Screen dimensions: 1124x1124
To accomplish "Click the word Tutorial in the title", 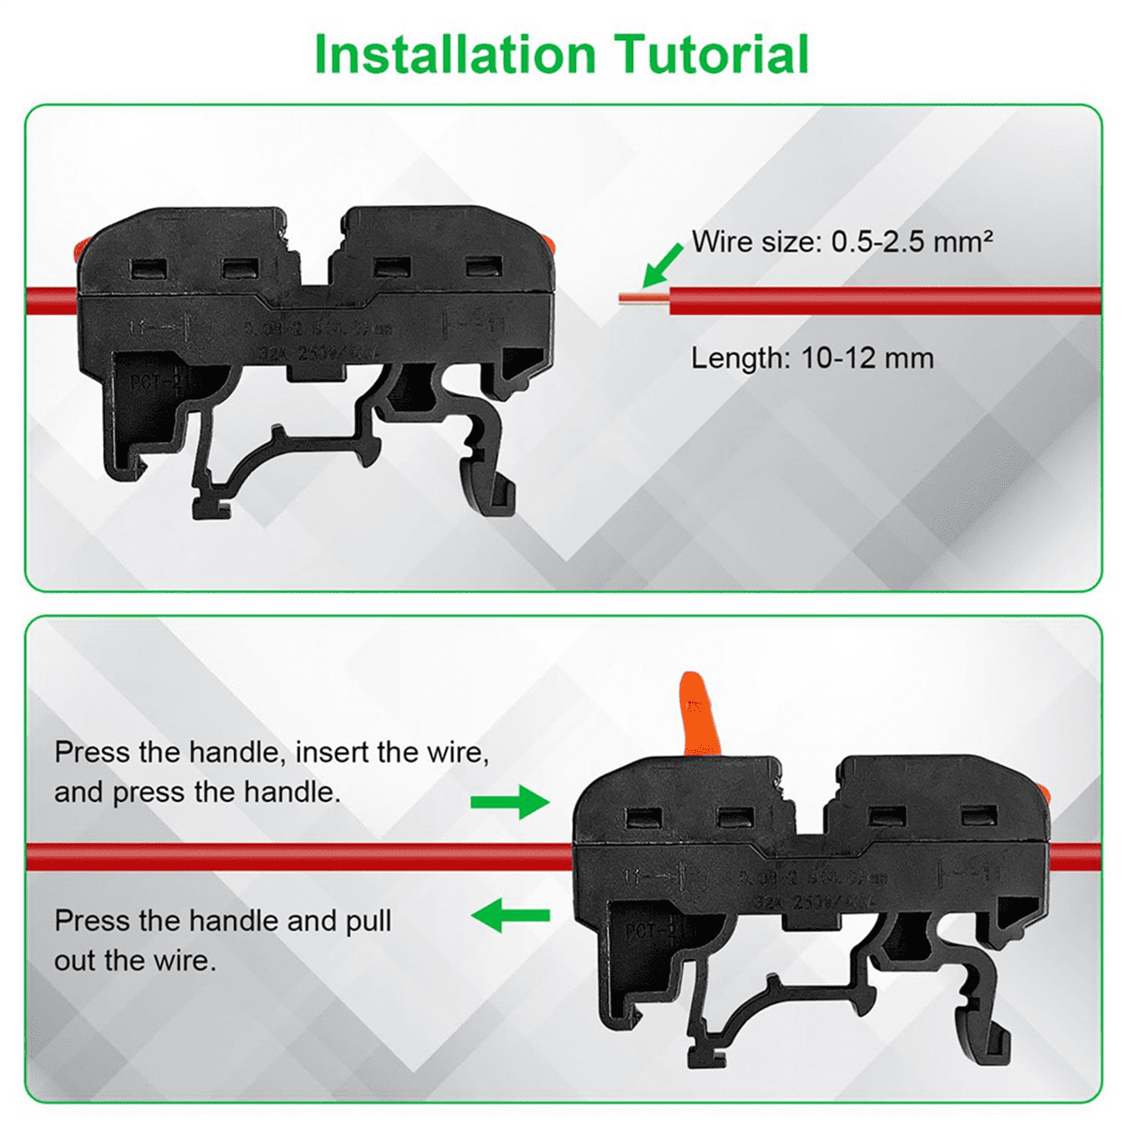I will tap(711, 54).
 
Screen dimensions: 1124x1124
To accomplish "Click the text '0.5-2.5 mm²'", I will tap(911, 243).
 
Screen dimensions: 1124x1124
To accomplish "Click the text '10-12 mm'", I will tap(867, 358).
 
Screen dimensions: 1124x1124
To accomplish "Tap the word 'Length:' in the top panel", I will tap(741, 358).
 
